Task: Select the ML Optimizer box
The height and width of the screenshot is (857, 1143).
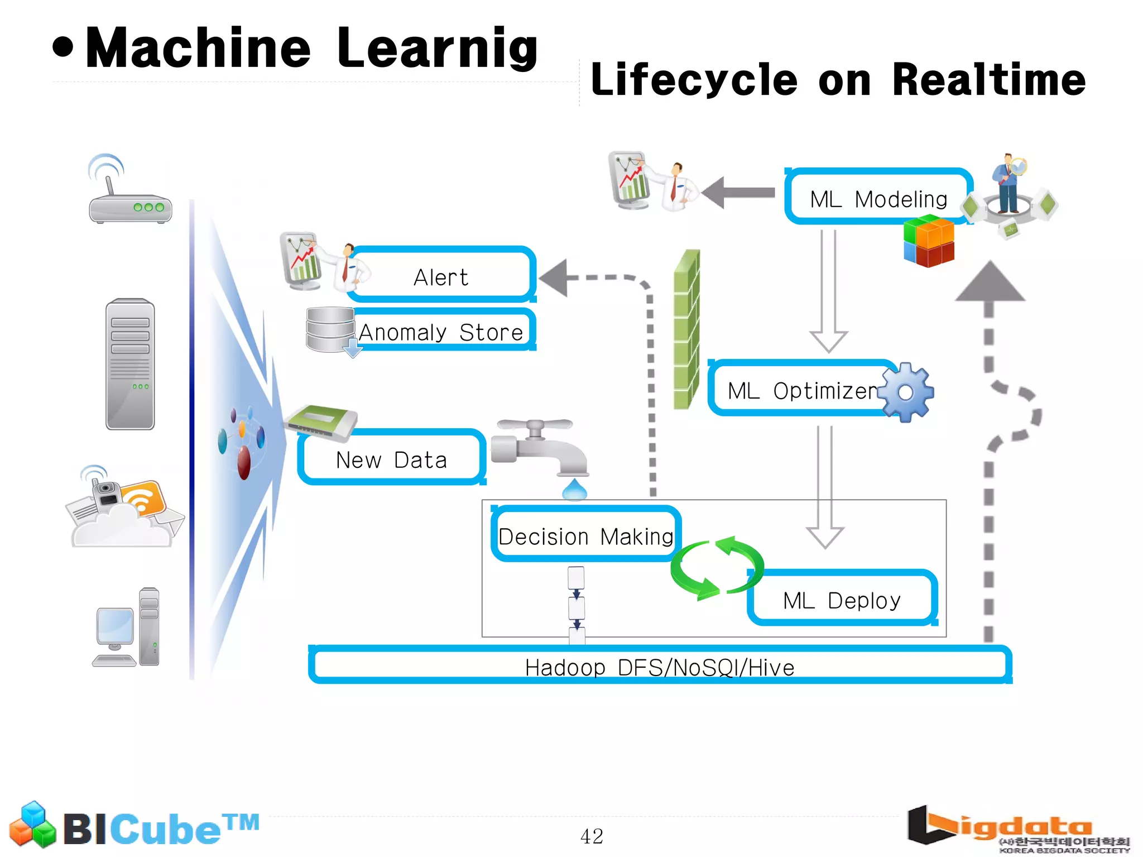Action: (801, 390)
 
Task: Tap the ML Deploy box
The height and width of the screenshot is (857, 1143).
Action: (842, 599)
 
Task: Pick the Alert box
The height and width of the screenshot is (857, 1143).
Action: (441, 276)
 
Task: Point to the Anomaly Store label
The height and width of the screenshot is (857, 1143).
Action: (441, 332)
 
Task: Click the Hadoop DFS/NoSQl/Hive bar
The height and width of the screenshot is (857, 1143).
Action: (660, 666)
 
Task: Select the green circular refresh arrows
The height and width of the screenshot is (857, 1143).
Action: (717, 567)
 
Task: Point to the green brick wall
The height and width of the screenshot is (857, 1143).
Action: (686, 329)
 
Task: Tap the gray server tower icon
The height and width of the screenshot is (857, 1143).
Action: (130, 364)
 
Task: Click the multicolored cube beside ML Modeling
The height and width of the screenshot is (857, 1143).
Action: (929, 241)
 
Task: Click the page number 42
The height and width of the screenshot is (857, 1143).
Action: (592, 836)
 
